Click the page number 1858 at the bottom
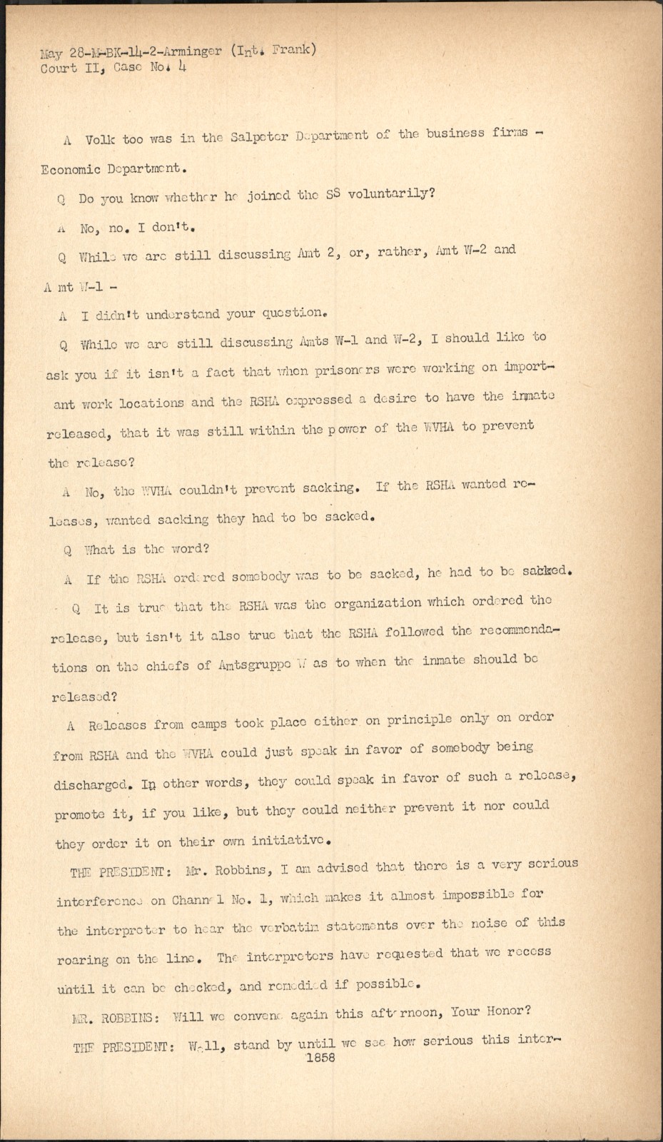(x=320, y=1058)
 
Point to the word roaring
(x=83, y=960)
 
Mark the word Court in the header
(x=59, y=69)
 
